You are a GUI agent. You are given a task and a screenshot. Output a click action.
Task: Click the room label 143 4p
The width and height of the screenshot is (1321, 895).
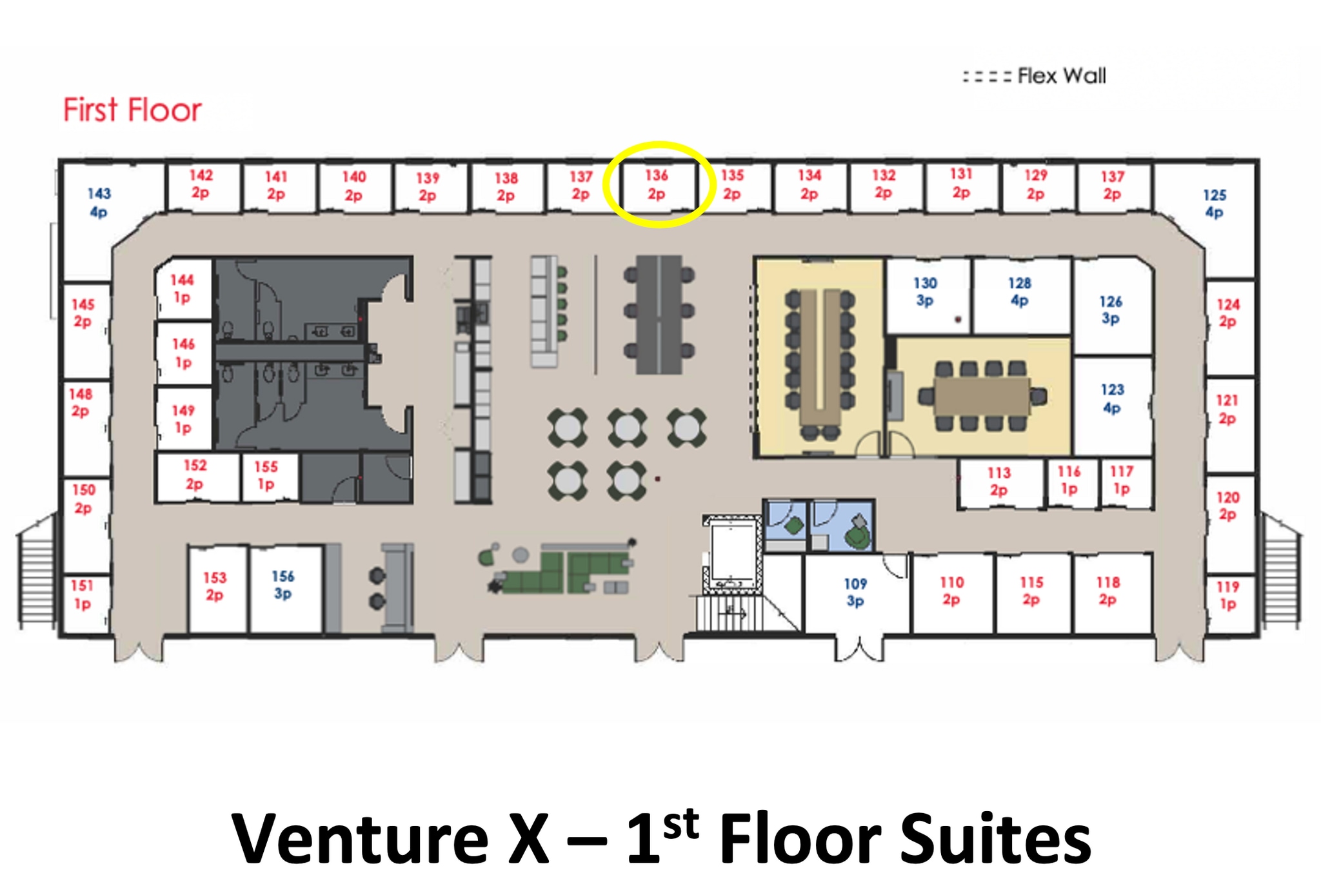99,202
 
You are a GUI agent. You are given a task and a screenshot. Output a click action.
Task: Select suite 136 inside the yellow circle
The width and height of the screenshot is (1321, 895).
657,184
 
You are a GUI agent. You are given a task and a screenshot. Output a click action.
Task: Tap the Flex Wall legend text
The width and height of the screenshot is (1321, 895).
1061,76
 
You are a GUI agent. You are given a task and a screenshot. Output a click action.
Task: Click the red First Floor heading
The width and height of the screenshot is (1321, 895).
132,110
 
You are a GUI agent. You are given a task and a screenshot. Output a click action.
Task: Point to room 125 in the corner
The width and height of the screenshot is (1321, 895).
1215,203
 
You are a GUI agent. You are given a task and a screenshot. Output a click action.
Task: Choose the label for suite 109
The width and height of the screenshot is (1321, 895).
855,592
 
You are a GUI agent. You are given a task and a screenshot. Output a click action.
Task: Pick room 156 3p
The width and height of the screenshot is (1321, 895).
283,585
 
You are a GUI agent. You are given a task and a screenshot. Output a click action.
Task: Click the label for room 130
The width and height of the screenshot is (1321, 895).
925,291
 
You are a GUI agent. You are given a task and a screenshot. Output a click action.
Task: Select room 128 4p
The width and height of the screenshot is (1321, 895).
1020,291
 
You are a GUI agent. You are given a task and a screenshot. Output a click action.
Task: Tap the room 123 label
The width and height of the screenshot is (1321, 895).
1112,398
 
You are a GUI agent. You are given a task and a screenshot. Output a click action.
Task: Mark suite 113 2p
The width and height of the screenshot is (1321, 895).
998,482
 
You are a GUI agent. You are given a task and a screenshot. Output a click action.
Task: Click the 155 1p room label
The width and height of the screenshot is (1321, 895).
266,475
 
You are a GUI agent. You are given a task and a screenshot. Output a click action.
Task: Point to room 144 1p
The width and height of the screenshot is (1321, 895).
182,288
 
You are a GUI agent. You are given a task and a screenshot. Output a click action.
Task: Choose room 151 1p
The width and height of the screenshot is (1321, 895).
82,595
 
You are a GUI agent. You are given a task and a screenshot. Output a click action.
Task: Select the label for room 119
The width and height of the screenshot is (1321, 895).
1227,595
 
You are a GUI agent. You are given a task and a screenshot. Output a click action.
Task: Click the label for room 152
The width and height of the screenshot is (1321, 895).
194,474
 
